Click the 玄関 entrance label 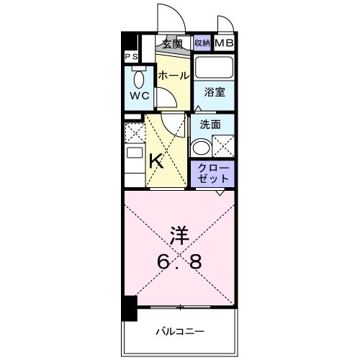tap(171, 44)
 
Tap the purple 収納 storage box tap(202, 43)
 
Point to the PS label tap(132, 57)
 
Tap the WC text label tap(139, 96)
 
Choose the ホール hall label tap(173, 76)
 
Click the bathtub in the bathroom tap(214, 70)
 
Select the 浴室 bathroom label tap(213, 92)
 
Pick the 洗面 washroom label tap(210, 123)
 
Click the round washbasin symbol tap(200, 147)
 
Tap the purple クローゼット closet tap(212, 173)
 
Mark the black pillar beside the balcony tap(128, 310)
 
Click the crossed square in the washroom tap(222, 148)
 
